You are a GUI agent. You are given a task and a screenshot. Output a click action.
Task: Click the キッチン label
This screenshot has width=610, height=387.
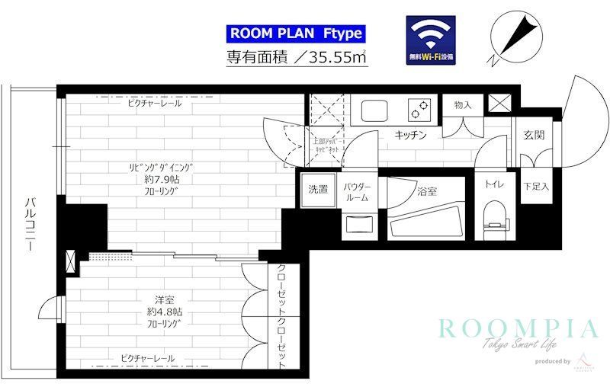pos(409,135)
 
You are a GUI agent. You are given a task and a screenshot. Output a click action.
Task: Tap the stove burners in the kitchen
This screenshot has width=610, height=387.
pos(419,110)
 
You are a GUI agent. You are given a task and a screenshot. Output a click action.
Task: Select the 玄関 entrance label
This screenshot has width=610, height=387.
pos(533,135)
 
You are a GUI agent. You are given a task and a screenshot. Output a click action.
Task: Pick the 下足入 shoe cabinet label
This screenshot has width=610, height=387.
pos(536,186)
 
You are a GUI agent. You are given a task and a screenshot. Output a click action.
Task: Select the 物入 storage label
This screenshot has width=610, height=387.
pos(462,104)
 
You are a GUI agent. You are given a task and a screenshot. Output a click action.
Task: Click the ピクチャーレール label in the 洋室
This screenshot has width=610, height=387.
pos(147,358)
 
